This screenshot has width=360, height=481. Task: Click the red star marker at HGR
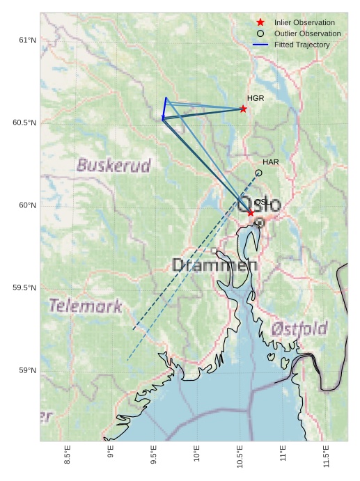(243, 109)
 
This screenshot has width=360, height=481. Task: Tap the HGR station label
(256, 98)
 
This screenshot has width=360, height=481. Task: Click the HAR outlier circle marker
(259, 173)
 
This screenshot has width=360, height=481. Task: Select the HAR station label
(271, 162)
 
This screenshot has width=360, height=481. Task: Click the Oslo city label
(260, 205)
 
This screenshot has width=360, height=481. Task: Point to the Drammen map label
(214, 265)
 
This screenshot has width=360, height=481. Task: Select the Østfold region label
(299, 328)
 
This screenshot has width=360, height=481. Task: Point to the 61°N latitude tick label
(26, 40)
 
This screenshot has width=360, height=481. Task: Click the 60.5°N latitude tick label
(24, 123)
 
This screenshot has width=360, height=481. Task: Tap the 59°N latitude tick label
(26, 370)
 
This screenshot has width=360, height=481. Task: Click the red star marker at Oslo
(251, 212)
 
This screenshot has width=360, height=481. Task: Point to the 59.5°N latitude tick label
(24, 287)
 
